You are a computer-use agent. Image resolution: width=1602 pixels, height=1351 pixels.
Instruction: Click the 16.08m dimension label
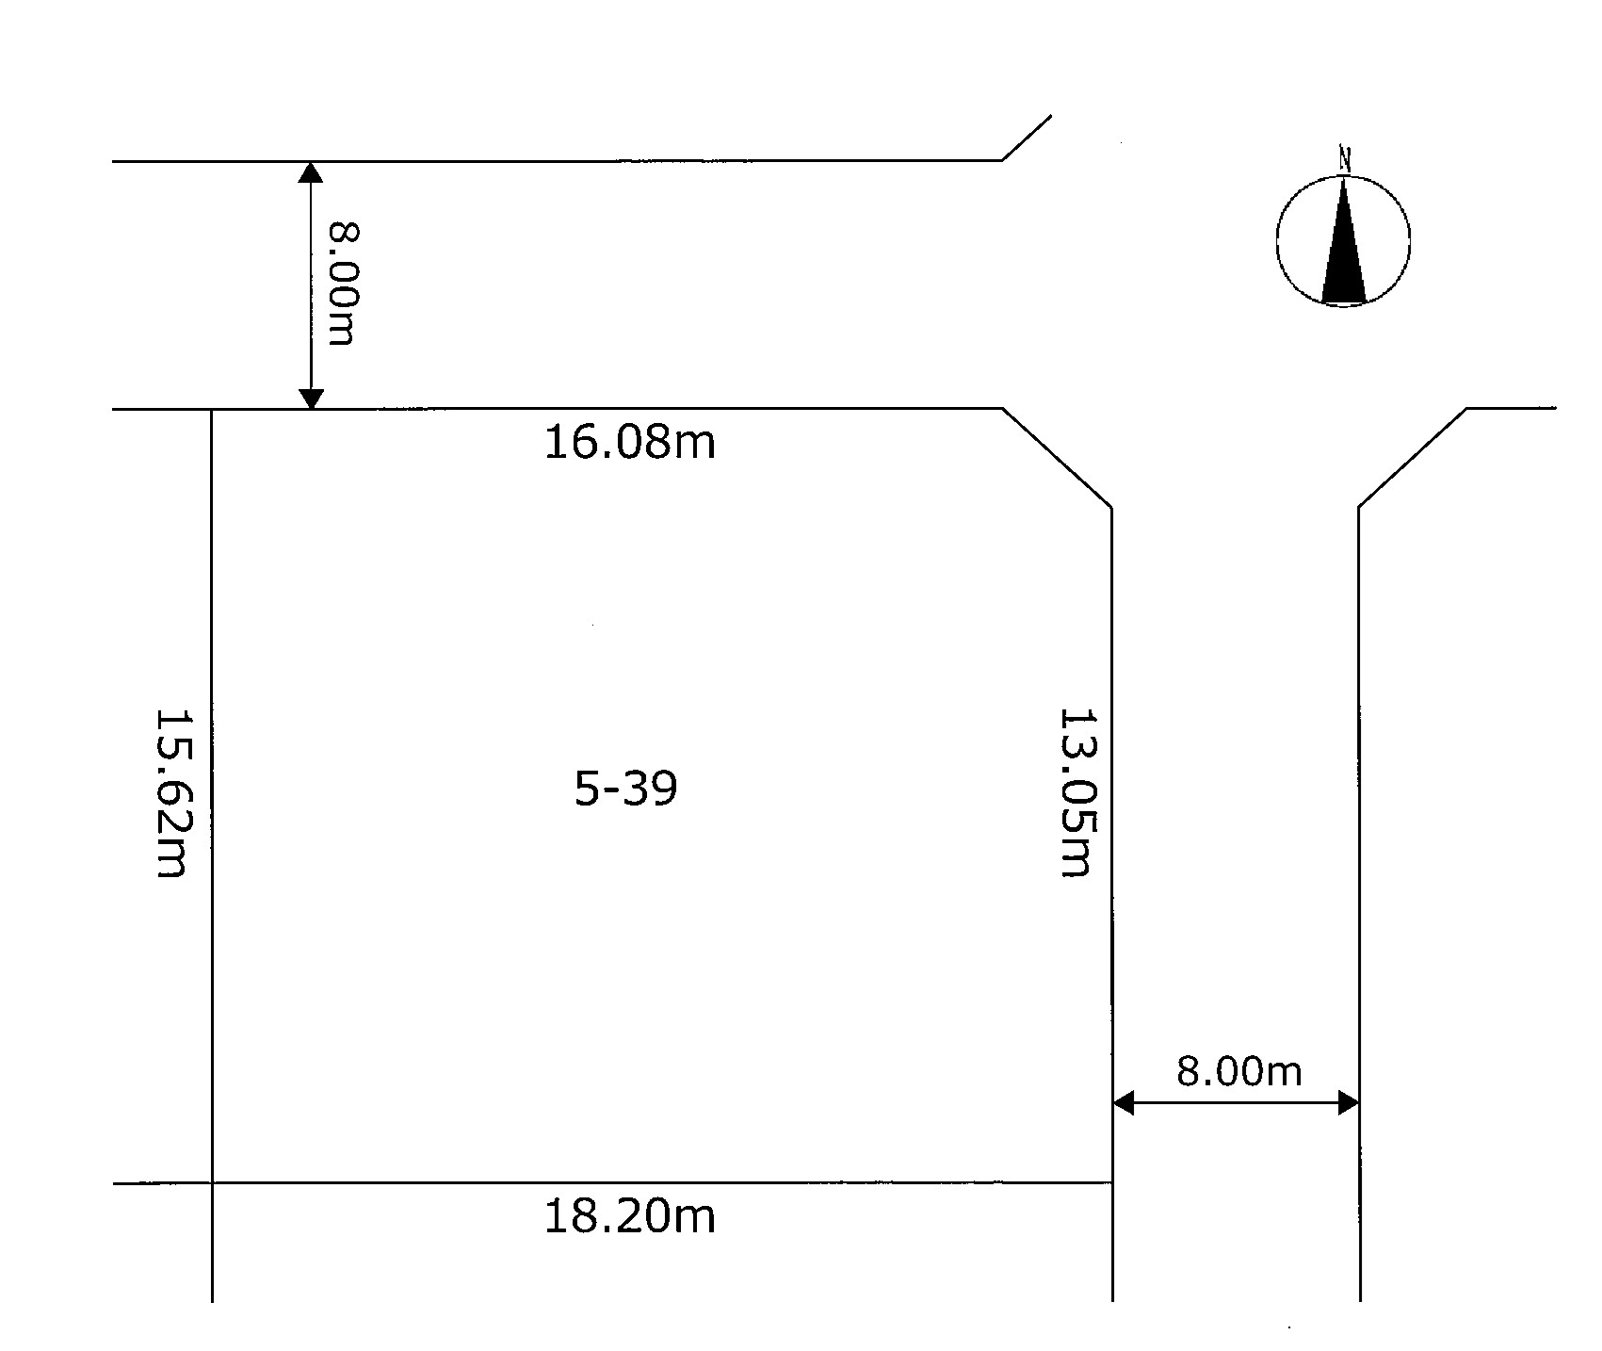[x=630, y=442]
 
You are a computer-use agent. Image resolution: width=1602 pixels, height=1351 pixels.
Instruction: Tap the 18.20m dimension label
[x=630, y=1216]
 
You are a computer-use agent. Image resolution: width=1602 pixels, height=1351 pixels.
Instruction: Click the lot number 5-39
[x=626, y=789]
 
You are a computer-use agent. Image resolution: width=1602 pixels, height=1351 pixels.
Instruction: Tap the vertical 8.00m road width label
[x=342, y=284]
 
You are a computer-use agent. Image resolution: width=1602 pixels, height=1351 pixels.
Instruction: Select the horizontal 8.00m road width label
[x=1238, y=1071]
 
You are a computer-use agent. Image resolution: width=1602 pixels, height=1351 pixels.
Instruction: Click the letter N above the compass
[x=1345, y=159]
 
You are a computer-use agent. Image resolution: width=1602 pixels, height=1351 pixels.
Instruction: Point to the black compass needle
[x=1344, y=239]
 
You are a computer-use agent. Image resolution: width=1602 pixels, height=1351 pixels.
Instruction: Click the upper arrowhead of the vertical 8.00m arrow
[x=311, y=172]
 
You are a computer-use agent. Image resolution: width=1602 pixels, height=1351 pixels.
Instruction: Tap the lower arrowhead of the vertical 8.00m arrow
[x=311, y=399]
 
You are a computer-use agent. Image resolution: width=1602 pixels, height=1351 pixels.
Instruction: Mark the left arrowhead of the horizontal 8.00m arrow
[x=1124, y=1102]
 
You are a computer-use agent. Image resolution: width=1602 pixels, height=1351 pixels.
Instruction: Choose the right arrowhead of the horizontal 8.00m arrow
[x=1348, y=1102]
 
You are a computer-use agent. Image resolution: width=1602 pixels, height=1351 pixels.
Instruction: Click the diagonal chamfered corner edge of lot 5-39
[x=1058, y=459]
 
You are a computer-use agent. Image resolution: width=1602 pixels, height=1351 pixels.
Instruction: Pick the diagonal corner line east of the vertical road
[x=1413, y=459]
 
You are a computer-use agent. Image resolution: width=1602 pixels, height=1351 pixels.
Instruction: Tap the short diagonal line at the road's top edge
[x=1027, y=138]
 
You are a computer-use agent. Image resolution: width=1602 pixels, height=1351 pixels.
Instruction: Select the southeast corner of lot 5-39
[x=1112, y=1182]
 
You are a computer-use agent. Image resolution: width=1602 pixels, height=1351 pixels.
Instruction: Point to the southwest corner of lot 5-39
[x=212, y=1182]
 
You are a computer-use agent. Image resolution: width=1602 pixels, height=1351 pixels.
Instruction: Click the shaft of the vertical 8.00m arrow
[x=311, y=285]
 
